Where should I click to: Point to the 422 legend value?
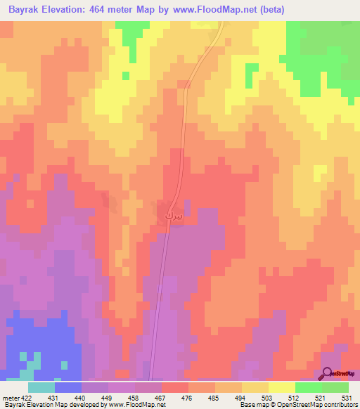[27, 397]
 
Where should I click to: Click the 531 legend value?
[346, 397]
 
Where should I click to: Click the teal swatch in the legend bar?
[41, 387]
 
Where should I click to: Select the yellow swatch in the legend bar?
[281, 387]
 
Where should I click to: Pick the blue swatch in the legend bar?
[67, 387]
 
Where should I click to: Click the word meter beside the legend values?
[10, 397]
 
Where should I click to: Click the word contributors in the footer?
[339, 405]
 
